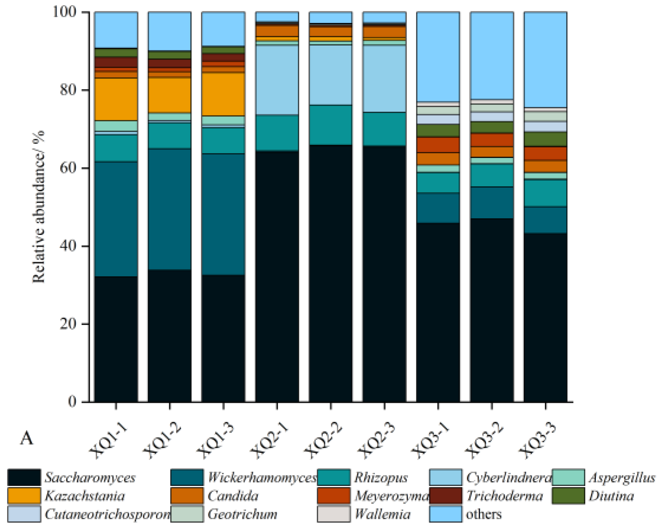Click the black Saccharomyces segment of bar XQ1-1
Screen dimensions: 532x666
tap(116, 339)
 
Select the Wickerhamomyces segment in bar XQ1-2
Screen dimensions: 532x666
tap(170, 209)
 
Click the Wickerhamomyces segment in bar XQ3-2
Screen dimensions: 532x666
tap(492, 203)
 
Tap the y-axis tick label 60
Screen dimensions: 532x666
tap(68, 168)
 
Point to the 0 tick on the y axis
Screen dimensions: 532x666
tap(72, 402)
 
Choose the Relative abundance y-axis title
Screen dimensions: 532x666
tap(39, 207)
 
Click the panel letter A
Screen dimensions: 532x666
tap(26, 438)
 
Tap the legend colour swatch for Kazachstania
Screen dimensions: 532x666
tap(24, 496)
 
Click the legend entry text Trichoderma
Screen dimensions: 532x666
tap(505, 496)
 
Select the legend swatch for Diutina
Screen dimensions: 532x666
tap(568, 496)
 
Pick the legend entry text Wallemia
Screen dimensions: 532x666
tap(382, 514)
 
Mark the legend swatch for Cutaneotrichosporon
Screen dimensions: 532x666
tap(24, 514)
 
